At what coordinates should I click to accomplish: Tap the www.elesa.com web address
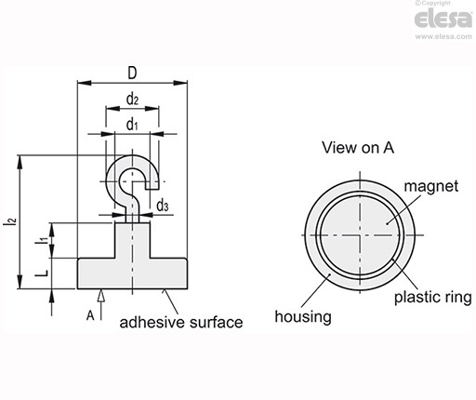(x=443, y=36)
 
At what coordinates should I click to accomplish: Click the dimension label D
(x=132, y=73)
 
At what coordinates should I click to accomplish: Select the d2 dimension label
(x=132, y=100)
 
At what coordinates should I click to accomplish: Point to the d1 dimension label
(x=132, y=125)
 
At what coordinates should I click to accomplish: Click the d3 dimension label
(x=163, y=206)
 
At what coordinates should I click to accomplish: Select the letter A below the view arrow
(x=90, y=315)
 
